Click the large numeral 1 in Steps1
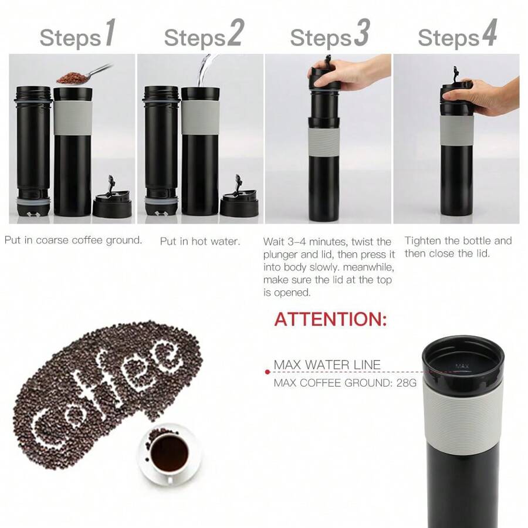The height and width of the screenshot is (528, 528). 110,35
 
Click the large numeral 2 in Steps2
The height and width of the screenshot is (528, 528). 235,35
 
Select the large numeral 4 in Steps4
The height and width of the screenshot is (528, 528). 489,35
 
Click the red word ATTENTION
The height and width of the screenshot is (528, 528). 330,320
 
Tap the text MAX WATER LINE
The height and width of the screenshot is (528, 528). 327,365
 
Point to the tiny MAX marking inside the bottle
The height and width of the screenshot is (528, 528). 462,367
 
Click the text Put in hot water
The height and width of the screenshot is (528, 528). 199,241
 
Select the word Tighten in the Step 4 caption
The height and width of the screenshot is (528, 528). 423,241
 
